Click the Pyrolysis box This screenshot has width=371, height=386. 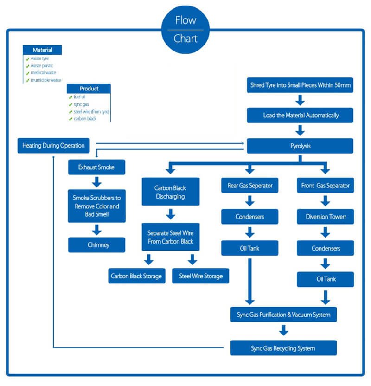pyautogui.click(x=300, y=146)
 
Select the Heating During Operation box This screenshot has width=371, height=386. pyautogui.click(x=53, y=146)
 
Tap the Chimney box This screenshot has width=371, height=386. pyautogui.click(x=96, y=245)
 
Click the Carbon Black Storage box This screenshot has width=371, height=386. pyautogui.click(x=136, y=276)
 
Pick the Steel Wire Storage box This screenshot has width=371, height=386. pyautogui.click(x=200, y=276)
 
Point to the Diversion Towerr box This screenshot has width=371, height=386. pyautogui.click(x=325, y=217)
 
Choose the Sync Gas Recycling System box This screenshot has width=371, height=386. pyautogui.click(x=283, y=348)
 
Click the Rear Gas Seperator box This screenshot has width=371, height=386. pyautogui.click(x=249, y=186)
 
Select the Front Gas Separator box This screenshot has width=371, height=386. pyautogui.click(x=325, y=186)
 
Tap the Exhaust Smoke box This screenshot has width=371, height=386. pyautogui.click(x=96, y=167)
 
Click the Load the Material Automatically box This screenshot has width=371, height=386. pyautogui.click(x=300, y=115)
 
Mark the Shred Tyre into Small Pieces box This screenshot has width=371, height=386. pyautogui.click(x=300, y=85)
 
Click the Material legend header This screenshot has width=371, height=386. pyautogui.click(x=42, y=50)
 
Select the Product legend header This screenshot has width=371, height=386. pyautogui.click(x=89, y=89)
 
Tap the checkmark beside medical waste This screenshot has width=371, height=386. pyautogui.click(x=27, y=73)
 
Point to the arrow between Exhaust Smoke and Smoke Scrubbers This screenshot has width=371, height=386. pyautogui.click(x=96, y=181)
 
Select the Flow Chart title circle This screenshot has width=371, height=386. pyautogui.click(x=185, y=29)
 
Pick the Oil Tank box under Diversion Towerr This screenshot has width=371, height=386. pyautogui.click(x=325, y=279)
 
